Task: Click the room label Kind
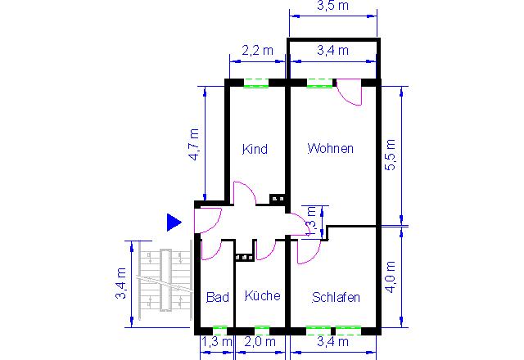coord(255,149)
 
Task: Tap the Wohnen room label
coord(331,148)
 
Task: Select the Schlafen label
coord(336,297)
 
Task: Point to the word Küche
coord(262,295)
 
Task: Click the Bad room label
coord(218,297)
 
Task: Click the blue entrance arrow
coord(174,223)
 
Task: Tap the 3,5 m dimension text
coord(333,6)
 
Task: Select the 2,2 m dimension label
coord(257,51)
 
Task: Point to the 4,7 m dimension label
coord(195,145)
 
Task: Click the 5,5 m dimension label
coord(390,155)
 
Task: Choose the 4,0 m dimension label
coord(391,277)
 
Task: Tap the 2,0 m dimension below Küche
coord(260,342)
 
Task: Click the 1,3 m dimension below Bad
coord(216,342)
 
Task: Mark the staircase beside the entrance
coord(165,281)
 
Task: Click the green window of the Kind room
coord(256,83)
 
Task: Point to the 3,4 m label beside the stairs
coord(120,283)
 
